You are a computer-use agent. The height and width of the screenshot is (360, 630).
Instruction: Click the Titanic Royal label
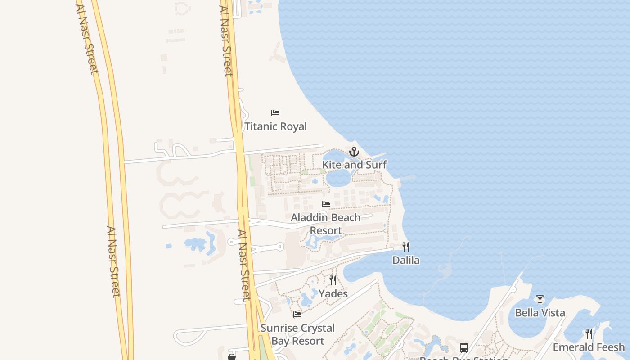pyautogui.click(x=275, y=126)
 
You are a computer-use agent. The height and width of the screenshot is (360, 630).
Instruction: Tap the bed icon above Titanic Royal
pyautogui.click(x=275, y=113)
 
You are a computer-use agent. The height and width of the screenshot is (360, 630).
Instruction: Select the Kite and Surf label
pyautogui.click(x=354, y=165)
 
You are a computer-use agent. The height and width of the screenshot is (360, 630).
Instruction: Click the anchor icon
pyautogui.click(x=354, y=152)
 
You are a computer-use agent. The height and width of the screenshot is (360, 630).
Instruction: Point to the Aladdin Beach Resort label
pyautogui.click(x=326, y=224)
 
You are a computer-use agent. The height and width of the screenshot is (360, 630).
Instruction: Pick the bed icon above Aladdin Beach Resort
pyautogui.click(x=326, y=204)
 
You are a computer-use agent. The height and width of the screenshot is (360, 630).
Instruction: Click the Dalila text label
pyautogui.click(x=406, y=260)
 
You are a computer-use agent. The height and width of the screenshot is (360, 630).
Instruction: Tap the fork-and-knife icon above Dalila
pyautogui.click(x=406, y=247)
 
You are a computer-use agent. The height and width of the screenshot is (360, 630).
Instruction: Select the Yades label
pyautogui.click(x=333, y=294)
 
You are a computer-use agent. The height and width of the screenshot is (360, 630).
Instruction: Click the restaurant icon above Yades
pyautogui.click(x=333, y=280)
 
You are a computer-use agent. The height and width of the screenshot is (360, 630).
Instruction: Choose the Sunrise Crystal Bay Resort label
pyautogui.click(x=297, y=334)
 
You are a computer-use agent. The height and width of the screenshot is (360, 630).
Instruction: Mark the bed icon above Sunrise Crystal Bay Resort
pyautogui.click(x=297, y=315)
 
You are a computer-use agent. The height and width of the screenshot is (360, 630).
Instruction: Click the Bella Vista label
pyautogui.click(x=540, y=313)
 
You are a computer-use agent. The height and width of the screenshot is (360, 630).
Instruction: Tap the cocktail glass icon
pyautogui.click(x=540, y=299)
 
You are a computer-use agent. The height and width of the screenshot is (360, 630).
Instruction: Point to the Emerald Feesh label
pyautogui.click(x=589, y=347)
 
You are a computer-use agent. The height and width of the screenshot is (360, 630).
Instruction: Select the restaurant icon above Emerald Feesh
pyautogui.click(x=589, y=334)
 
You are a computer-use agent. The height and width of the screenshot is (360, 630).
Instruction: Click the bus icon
pyautogui.click(x=464, y=348)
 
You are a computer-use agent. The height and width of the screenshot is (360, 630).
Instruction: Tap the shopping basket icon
pyautogui.click(x=232, y=357)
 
